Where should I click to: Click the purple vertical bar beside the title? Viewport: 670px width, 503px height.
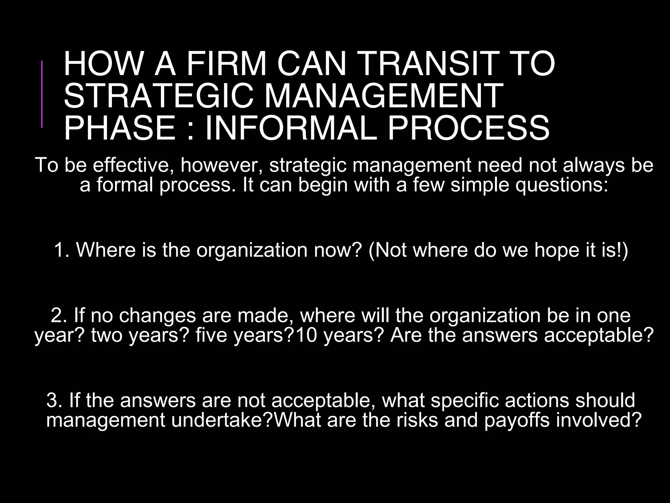[42, 94]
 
